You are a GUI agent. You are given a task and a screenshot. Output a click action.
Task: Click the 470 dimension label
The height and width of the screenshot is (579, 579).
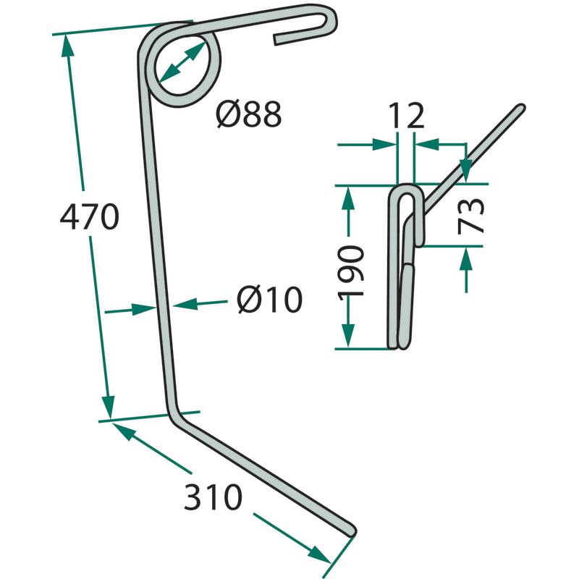(x=90, y=216)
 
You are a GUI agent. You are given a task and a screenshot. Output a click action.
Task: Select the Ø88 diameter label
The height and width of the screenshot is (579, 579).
(x=249, y=114)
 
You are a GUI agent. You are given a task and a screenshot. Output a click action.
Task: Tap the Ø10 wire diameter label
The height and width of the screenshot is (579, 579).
(x=269, y=300)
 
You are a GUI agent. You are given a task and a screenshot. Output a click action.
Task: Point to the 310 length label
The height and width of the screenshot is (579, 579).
(x=213, y=496)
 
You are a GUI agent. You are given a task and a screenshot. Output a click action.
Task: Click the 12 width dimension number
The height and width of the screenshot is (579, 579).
(x=407, y=116)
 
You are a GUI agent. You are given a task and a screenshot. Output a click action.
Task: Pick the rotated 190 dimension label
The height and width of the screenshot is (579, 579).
(x=351, y=271)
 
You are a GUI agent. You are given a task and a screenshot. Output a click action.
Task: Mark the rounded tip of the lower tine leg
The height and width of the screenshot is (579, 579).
(x=351, y=531)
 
